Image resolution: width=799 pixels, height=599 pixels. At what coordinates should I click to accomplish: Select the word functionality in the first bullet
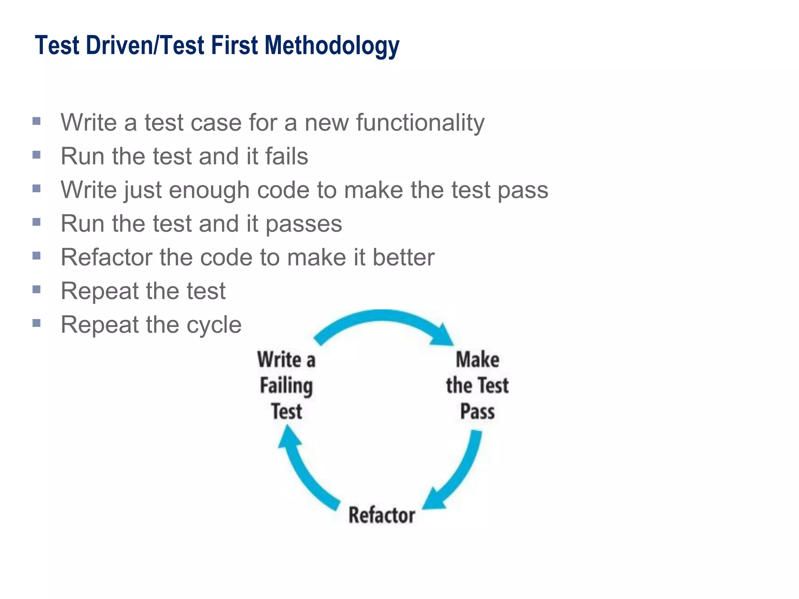420,123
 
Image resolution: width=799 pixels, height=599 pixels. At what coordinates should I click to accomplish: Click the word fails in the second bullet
287,156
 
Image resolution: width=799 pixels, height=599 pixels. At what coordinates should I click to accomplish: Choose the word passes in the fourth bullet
304,224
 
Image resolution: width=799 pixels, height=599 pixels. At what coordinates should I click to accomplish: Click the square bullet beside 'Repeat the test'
37,289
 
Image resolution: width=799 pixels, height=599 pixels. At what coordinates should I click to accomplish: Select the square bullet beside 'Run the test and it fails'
37,155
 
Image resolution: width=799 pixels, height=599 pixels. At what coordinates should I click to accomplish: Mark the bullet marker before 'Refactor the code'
37,256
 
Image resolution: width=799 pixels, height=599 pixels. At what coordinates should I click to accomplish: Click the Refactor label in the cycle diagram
382,515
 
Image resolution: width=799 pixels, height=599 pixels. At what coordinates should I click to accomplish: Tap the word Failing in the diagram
286,386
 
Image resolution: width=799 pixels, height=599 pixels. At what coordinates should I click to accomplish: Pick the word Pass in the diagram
477,411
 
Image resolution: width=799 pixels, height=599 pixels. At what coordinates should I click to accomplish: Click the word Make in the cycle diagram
478,360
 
